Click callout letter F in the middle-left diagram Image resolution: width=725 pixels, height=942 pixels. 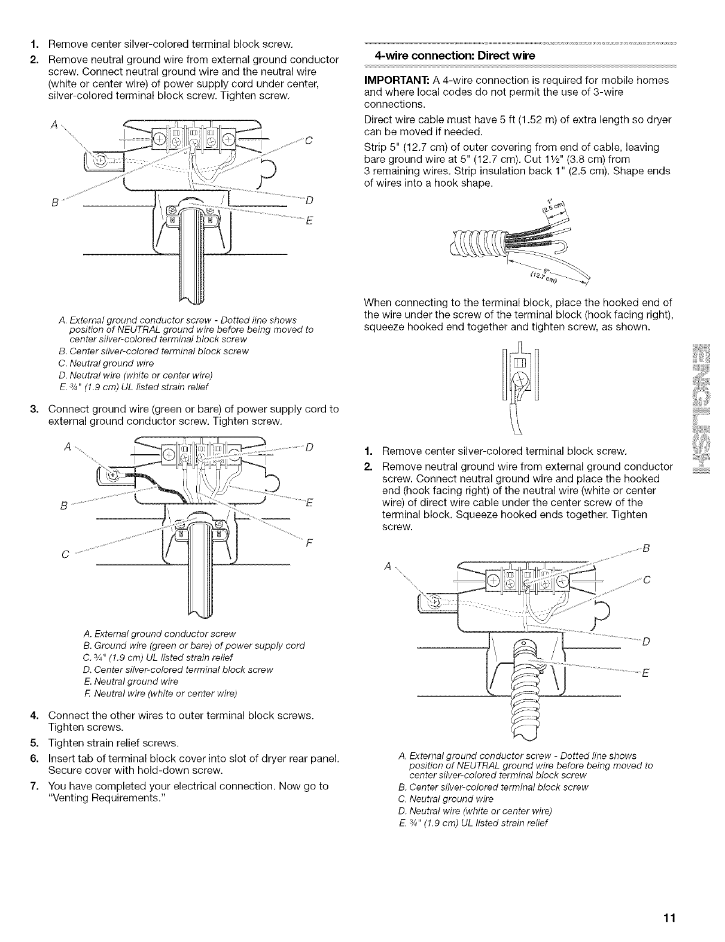[x=309, y=544]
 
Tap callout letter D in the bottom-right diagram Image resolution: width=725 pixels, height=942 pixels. [x=645, y=643]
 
